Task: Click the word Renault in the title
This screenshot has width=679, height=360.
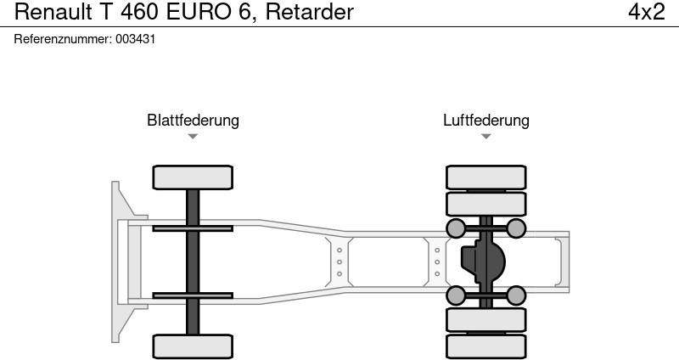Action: [48, 12]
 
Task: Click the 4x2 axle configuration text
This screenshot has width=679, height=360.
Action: [646, 12]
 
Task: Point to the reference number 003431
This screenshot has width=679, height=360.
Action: [136, 39]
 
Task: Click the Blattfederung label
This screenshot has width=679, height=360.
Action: [193, 120]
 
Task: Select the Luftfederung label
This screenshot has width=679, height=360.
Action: [485, 120]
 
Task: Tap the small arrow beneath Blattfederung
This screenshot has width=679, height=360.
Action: [193, 136]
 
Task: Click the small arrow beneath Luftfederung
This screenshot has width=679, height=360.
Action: [485, 136]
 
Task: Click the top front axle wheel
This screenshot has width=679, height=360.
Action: [193, 177]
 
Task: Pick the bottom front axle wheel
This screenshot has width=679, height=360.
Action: [193, 346]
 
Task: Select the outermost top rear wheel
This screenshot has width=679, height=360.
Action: [485, 177]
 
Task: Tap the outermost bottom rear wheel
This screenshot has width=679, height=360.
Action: [485, 346]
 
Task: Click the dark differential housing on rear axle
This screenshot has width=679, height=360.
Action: [481, 262]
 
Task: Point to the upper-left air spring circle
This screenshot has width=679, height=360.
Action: [456, 228]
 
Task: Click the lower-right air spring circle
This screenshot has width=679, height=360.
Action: [516, 295]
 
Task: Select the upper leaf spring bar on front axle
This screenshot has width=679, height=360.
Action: [193, 228]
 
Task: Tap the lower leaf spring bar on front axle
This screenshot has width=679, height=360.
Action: [193, 295]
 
